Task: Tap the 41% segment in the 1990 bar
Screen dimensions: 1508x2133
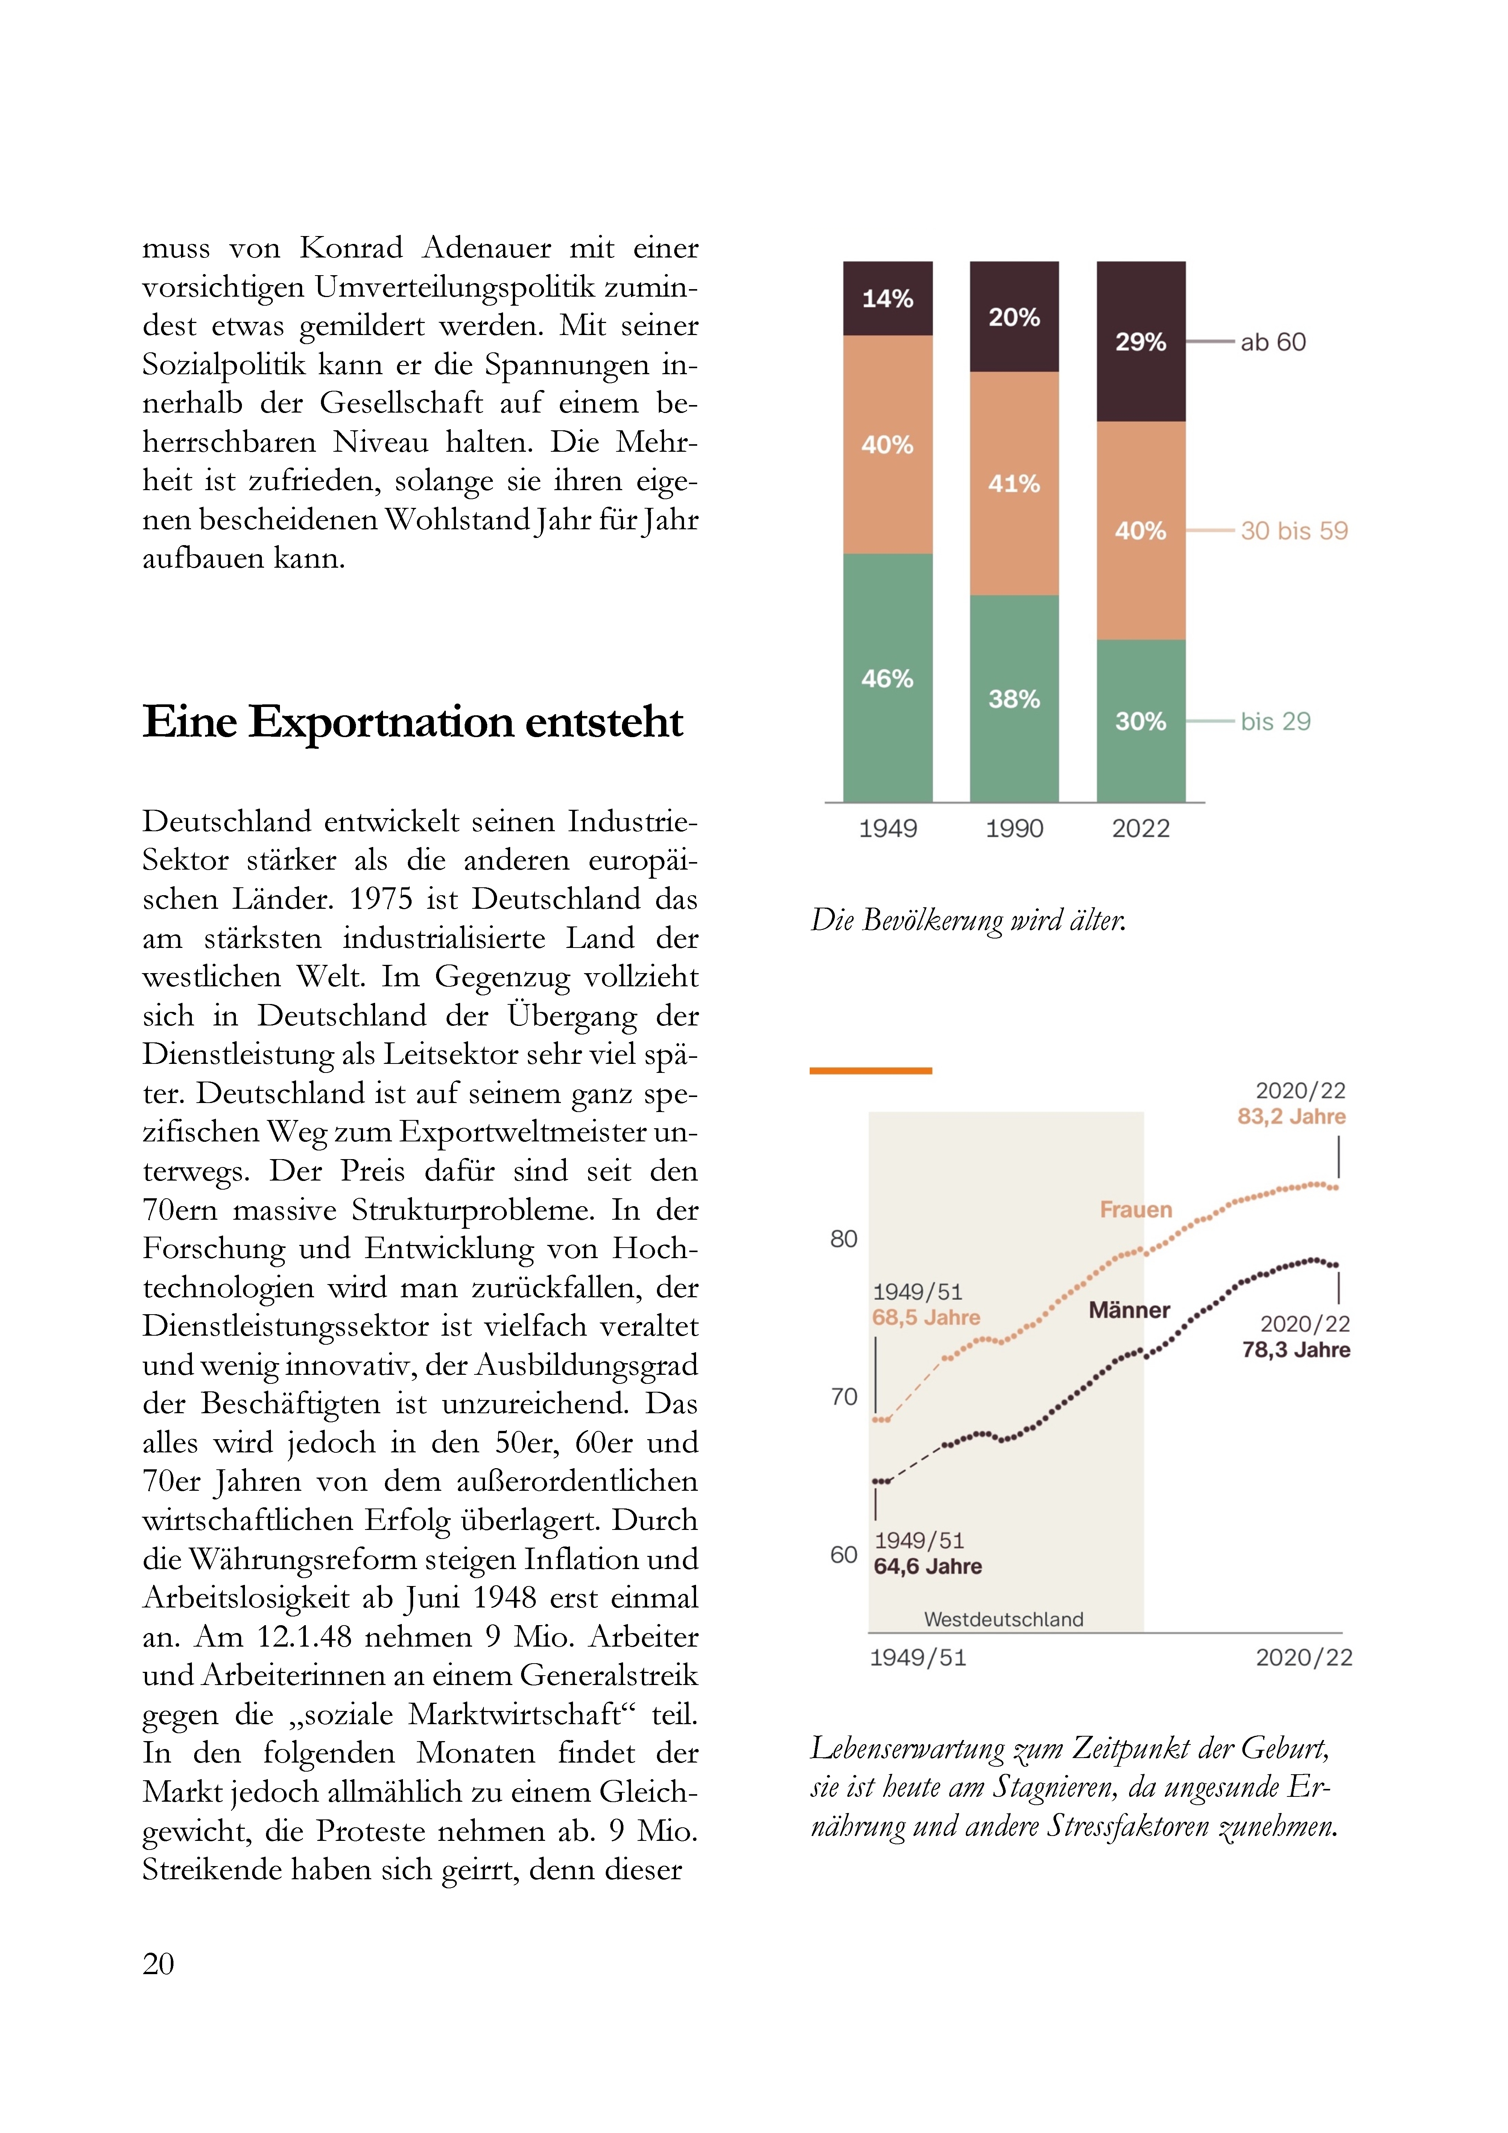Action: coord(1014,483)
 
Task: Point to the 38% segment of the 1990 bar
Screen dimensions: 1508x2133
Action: coord(1014,699)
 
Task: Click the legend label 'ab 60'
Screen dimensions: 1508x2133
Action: coord(1273,342)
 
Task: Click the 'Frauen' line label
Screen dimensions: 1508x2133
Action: coord(1136,1210)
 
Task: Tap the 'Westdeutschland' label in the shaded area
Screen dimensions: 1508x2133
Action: coord(1004,1619)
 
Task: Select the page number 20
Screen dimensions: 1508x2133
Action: coord(158,1963)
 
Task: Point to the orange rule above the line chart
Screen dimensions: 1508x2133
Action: coord(871,1071)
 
